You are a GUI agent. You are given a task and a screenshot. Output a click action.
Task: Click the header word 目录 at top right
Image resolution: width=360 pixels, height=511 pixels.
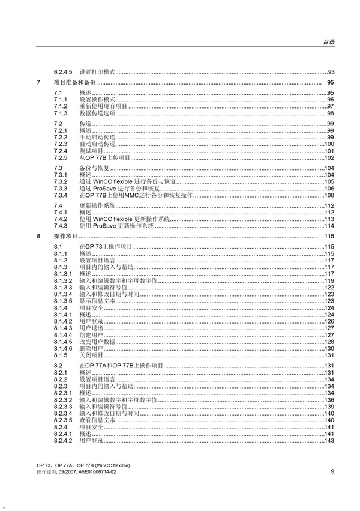tap(328, 42)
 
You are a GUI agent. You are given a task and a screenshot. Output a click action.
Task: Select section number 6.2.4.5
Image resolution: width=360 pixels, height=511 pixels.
tap(64, 72)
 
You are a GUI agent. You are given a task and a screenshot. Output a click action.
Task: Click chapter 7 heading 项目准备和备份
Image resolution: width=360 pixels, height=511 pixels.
tap(74, 82)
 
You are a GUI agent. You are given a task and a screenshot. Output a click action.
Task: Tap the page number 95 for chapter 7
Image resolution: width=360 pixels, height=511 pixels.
tap(330, 82)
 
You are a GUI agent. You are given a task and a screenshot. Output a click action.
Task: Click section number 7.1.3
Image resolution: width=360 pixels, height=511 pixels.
tap(60, 113)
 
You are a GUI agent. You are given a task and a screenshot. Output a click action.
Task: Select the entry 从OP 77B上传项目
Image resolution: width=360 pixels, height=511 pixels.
tap(105, 157)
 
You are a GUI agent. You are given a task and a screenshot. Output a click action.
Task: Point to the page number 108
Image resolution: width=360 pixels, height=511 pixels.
tap(329, 196)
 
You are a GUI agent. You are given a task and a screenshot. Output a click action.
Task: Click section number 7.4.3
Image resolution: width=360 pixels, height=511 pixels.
tap(60, 226)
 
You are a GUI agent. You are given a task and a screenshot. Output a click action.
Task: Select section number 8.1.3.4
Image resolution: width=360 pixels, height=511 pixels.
tap(63, 294)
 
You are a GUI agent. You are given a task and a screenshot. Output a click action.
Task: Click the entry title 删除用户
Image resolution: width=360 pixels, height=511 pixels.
tap(91, 348)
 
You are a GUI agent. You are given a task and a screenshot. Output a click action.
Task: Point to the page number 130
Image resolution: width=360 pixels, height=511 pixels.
tap(329, 348)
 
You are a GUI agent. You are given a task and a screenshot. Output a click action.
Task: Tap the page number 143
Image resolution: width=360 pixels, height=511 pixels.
tap(329, 441)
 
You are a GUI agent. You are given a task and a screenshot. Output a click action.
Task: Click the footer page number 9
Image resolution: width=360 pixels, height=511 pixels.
tap(332, 470)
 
